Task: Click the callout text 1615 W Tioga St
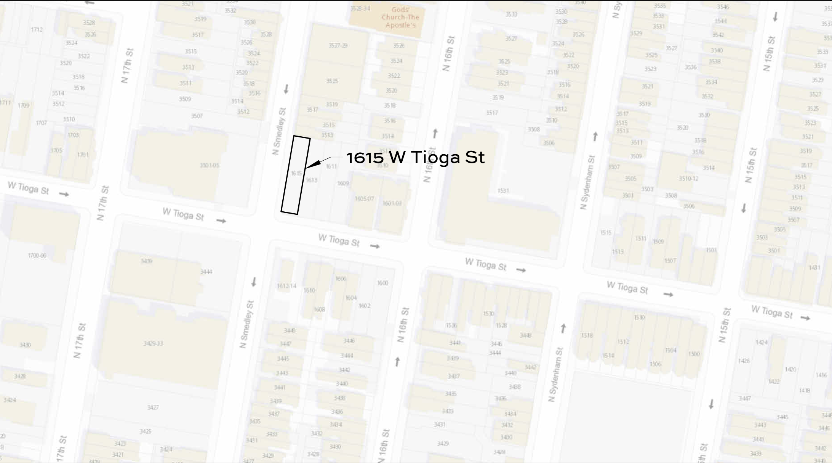point(415,157)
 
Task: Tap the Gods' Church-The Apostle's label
point(400,18)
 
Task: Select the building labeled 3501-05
point(210,165)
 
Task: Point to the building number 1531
point(503,190)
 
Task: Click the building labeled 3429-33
point(153,343)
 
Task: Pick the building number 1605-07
point(364,199)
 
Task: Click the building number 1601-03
point(392,203)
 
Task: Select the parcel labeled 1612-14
point(286,286)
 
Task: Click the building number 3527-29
point(338,45)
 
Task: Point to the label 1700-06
point(37,255)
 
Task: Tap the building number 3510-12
point(688,178)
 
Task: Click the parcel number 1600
point(382,283)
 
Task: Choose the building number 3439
point(146,261)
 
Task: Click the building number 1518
point(587,335)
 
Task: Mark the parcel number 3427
point(153,407)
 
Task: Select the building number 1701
point(83,155)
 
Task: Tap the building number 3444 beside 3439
point(206,272)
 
